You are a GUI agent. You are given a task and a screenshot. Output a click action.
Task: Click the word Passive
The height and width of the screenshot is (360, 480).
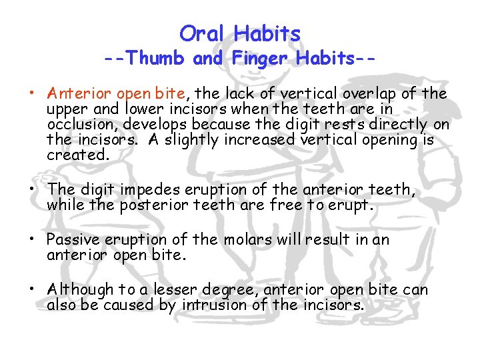pos(72,239)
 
